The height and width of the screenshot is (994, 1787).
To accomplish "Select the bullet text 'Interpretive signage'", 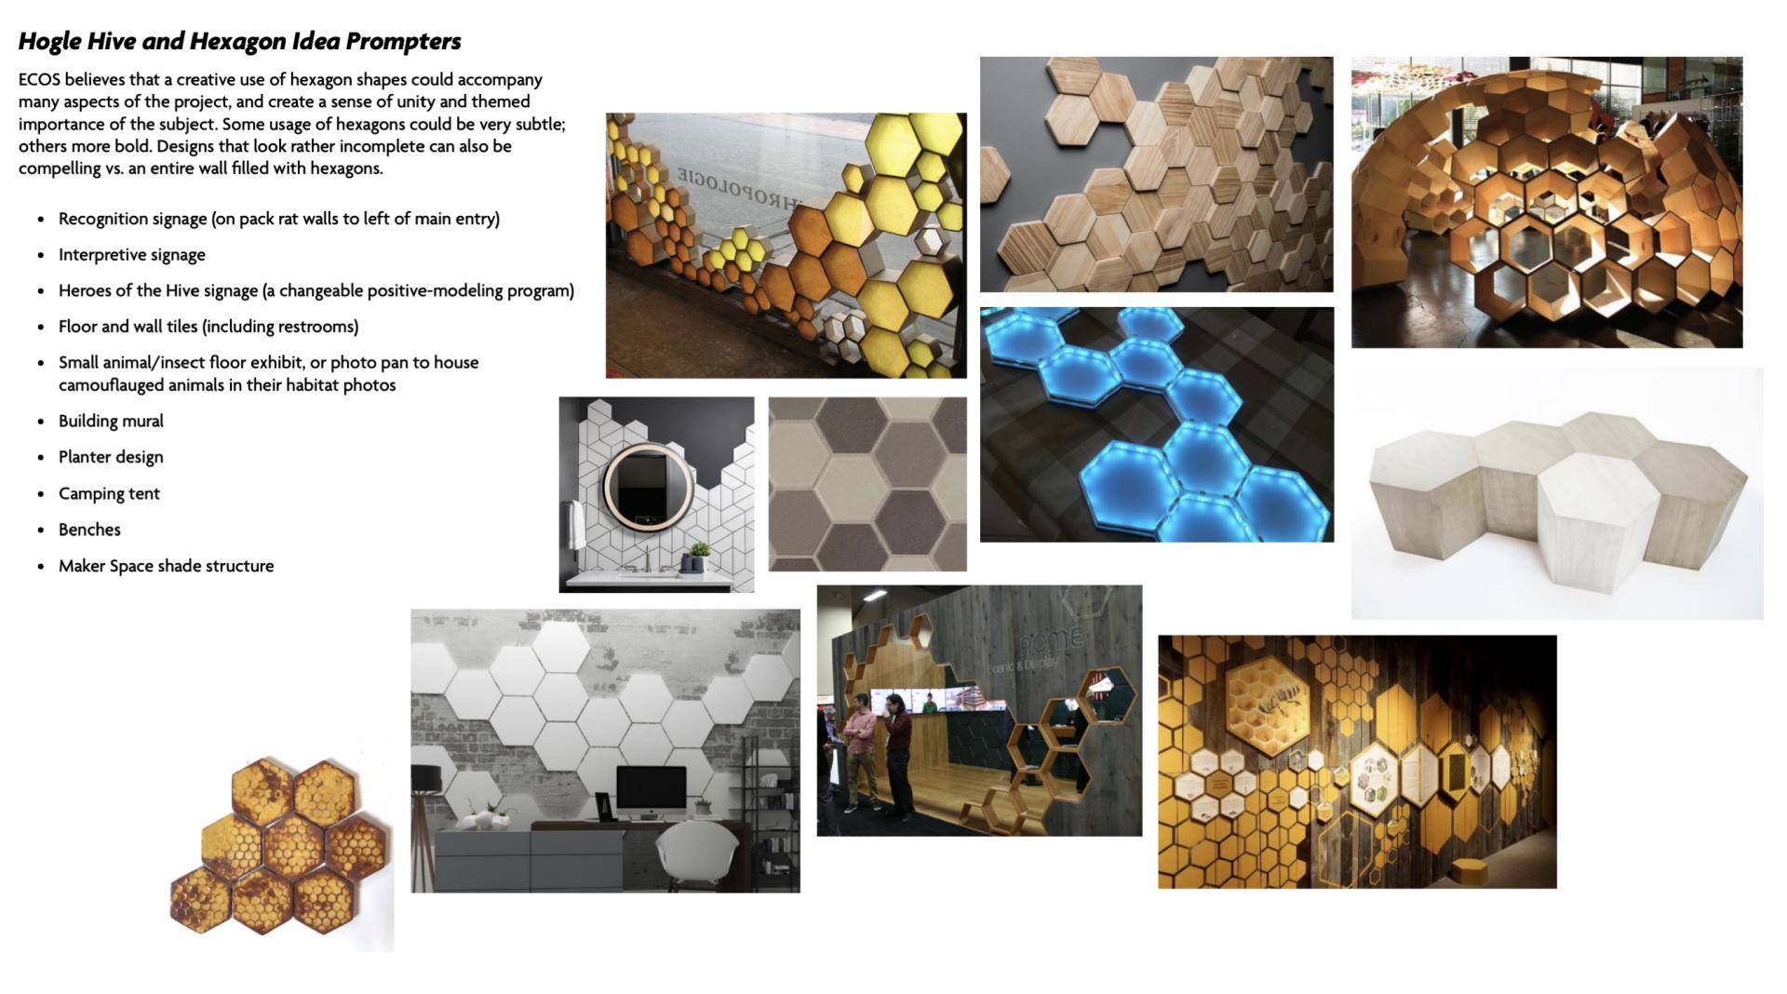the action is pos(132,255).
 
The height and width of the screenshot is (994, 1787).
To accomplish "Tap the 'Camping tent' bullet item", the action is pos(109,493).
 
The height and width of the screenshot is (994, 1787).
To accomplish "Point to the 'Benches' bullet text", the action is pos(89,530).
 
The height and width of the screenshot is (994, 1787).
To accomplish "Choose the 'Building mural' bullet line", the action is pos(111,421).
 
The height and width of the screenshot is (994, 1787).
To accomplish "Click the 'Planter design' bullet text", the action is pos(111,457).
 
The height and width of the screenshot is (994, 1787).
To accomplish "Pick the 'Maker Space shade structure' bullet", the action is pos(166,566).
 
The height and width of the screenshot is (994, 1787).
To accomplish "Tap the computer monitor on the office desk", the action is pos(651,788).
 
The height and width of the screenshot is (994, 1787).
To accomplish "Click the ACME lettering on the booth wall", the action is pos(1051,641).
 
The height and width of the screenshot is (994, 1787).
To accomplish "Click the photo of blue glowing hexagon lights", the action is pos(1157,424).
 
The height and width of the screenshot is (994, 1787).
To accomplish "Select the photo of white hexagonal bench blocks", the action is pos(1557,493).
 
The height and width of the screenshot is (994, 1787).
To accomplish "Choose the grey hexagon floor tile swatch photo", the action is pos(867,484).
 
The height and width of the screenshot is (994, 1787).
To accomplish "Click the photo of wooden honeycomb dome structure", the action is pos(1547,202).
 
